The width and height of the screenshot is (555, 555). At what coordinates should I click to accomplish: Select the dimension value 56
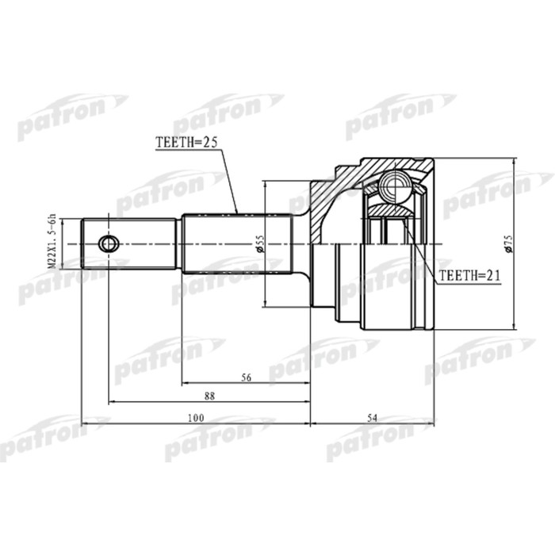point(246,379)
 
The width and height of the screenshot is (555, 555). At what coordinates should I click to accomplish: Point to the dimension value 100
point(196,418)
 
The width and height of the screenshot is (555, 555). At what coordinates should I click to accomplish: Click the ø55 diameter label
point(258,244)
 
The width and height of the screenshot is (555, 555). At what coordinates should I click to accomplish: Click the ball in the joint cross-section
point(391,187)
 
